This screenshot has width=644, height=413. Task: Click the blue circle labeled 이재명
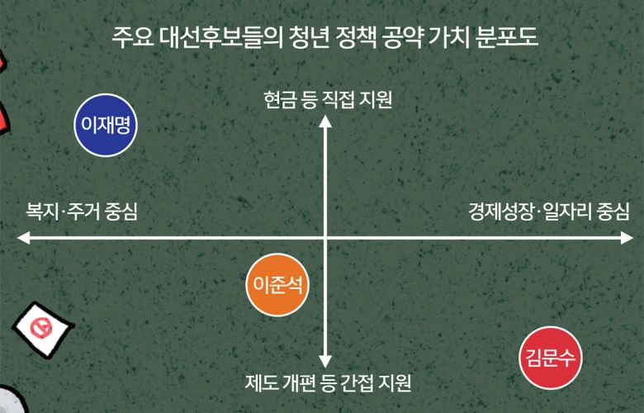pyautogui.click(x=106, y=126)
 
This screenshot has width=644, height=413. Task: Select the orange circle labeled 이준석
pyautogui.click(x=277, y=284)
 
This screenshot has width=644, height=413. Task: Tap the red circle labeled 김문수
pyautogui.click(x=551, y=358)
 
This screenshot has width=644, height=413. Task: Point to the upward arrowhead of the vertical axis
pyautogui.click(x=325, y=121)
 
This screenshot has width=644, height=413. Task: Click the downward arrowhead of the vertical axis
pyautogui.click(x=325, y=362)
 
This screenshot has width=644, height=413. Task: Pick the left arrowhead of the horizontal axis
pyautogui.click(x=23, y=238)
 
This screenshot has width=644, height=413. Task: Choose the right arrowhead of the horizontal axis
pyautogui.click(x=627, y=238)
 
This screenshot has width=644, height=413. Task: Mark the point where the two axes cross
pyautogui.click(x=325, y=238)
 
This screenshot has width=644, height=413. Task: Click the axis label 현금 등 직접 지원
pyautogui.click(x=328, y=99)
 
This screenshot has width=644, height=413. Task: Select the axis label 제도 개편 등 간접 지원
pyautogui.click(x=328, y=383)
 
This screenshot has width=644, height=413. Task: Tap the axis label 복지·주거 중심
pyautogui.click(x=82, y=211)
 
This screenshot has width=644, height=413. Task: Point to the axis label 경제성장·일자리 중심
pyautogui.click(x=549, y=211)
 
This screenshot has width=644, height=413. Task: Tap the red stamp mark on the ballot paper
pyautogui.click(x=40, y=329)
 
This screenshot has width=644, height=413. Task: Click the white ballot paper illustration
pyautogui.click(x=43, y=330)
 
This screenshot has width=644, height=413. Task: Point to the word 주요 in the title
pyautogui.click(x=132, y=38)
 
